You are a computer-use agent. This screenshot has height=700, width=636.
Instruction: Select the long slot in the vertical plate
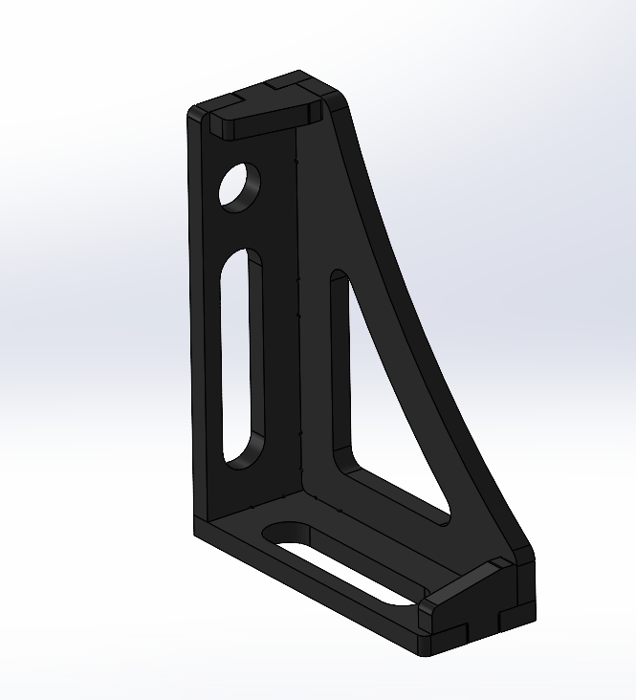(241, 359)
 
